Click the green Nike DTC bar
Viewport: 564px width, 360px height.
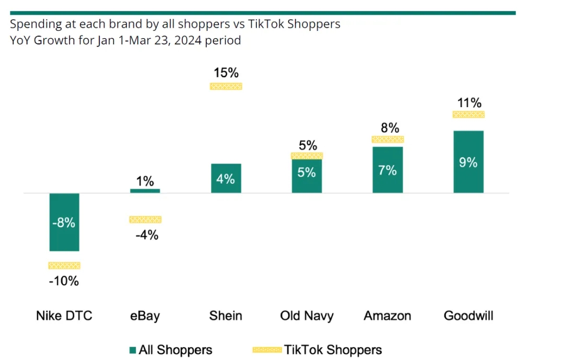tap(64, 222)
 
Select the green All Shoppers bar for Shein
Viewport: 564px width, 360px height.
tap(226, 178)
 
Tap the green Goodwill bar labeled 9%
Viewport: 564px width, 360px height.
tap(468, 161)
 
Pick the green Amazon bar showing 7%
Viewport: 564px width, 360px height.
tap(387, 170)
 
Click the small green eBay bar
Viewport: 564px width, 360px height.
tap(145, 191)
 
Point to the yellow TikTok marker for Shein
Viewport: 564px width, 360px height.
tap(226, 86)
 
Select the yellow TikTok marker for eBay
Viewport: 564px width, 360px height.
tap(145, 219)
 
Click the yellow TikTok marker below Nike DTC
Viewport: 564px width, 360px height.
tap(64, 265)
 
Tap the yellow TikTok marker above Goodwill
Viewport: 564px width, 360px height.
tap(468, 114)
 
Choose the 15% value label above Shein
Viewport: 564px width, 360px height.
tap(226, 73)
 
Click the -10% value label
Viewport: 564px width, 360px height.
tap(64, 281)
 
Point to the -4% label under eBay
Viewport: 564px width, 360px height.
tap(146, 235)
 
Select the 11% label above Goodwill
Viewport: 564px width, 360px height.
tap(468, 102)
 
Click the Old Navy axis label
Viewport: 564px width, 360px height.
tap(307, 316)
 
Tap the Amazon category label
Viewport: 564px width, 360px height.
tap(387, 316)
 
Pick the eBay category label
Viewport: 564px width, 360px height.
tap(145, 316)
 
